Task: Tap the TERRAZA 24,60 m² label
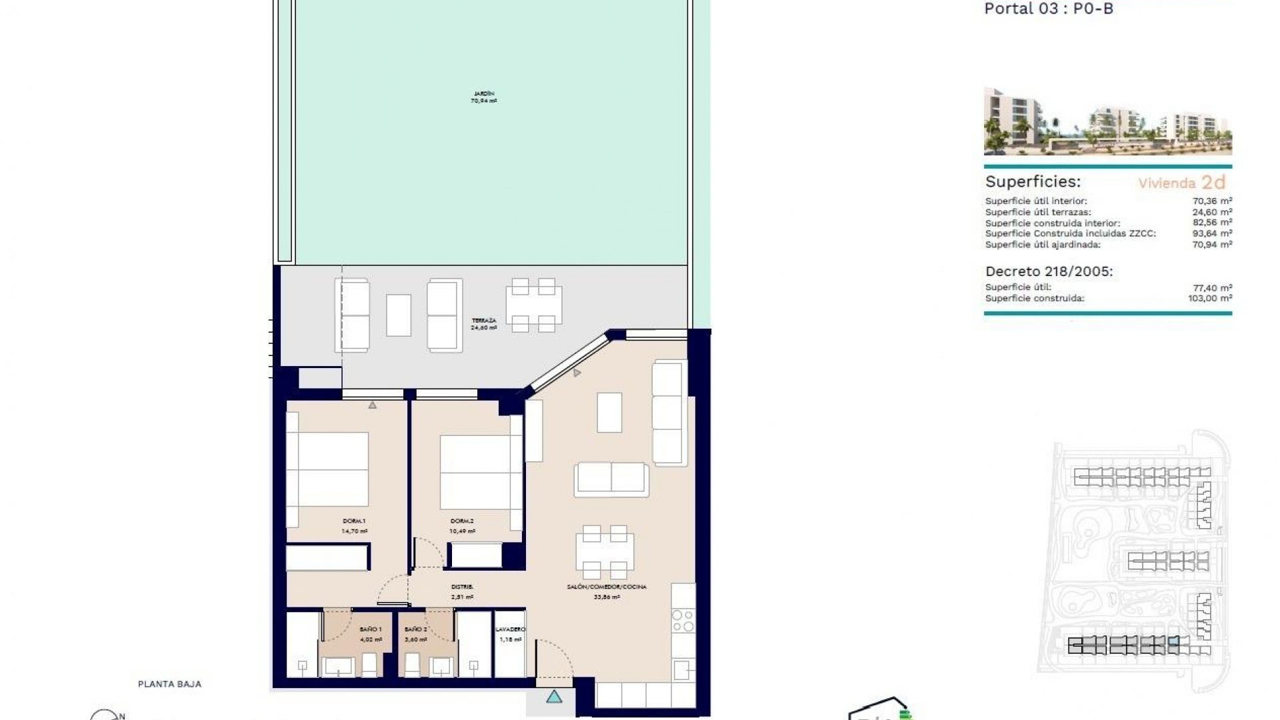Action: click(x=484, y=324)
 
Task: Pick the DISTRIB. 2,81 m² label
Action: click(x=462, y=591)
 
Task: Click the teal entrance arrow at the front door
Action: click(x=554, y=697)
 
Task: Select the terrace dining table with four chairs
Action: click(x=533, y=305)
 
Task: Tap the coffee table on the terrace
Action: click(x=399, y=315)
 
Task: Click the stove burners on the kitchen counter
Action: click(x=683, y=621)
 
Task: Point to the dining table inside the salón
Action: click(x=605, y=552)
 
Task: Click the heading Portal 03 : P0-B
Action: click(x=1049, y=9)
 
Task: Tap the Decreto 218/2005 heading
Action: click(x=1049, y=271)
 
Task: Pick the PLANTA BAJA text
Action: click(x=169, y=684)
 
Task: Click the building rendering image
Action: click(x=1107, y=121)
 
